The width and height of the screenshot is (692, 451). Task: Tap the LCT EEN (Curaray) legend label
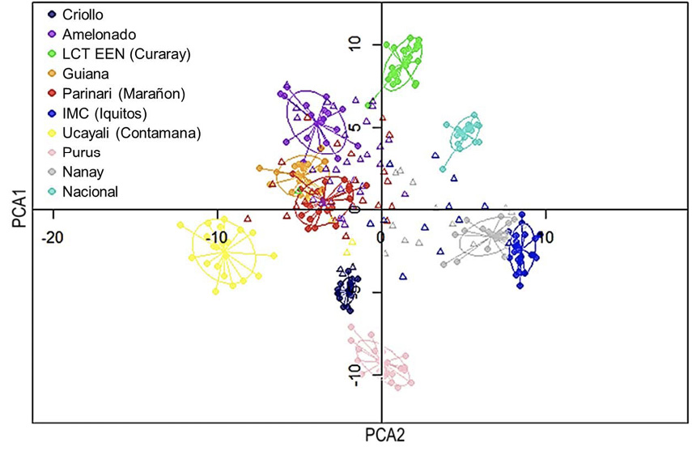coord(125,54)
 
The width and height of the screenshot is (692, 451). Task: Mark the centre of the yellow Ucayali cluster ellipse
coord(224,253)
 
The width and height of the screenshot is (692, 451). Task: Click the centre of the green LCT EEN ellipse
coord(403,64)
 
